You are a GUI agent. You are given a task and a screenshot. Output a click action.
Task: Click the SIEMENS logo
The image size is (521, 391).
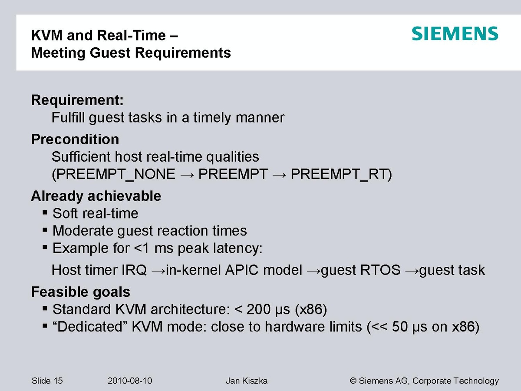[x=455, y=34]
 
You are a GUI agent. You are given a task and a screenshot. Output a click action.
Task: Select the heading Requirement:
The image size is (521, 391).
[x=77, y=100]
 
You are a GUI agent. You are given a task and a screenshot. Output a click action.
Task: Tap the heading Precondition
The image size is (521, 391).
[x=75, y=139]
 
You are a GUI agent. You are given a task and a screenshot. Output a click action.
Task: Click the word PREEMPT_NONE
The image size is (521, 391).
[x=116, y=175]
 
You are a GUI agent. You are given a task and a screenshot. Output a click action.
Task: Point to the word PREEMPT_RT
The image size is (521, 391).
[x=339, y=175]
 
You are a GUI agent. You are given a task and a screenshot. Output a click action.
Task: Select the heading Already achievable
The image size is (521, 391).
[x=96, y=196]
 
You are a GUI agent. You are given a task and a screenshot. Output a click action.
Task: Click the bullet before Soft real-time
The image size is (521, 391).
[x=45, y=212]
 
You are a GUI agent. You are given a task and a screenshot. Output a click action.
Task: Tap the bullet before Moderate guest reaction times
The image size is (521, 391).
[x=45, y=230]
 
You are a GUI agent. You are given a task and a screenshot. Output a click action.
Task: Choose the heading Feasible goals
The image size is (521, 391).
[x=81, y=292]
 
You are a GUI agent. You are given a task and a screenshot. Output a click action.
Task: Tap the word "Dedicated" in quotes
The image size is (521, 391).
[x=90, y=327]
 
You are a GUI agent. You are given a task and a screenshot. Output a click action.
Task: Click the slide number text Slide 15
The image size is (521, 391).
[x=47, y=381]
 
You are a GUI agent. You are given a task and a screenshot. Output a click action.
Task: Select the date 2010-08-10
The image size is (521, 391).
[x=130, y=381]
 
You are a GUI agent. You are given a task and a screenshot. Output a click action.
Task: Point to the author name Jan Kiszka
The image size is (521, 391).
[x=247, y=381]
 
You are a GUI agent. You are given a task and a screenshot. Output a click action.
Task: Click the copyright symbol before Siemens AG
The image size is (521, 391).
[x=353, y=381]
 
